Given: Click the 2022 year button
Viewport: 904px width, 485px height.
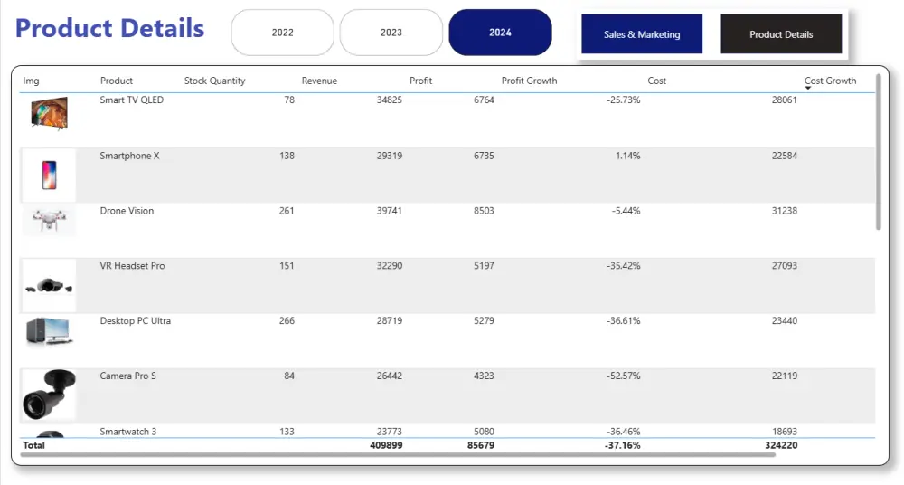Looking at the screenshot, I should click(x=283, y=33).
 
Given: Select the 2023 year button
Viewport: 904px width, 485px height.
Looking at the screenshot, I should click(x=391, y=33).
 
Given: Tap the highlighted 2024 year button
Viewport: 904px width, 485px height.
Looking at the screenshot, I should click(x=500, y=33).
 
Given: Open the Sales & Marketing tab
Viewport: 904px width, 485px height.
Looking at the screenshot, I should click(x=642, y=34).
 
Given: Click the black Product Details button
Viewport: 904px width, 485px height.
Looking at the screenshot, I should click(x=781, y=34).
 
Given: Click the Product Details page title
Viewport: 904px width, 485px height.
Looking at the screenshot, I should click(x=110, y=28).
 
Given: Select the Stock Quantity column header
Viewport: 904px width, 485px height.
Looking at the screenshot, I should click(x=214, y=81).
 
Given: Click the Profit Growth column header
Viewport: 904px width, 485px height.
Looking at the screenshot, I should click(x=529, y=81).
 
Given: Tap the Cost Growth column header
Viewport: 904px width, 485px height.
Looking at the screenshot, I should click(x=830, y=81).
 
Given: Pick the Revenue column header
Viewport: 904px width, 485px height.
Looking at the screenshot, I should click(x=319, y=81).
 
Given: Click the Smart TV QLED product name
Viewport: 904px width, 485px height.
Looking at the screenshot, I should click(x=132, y=100).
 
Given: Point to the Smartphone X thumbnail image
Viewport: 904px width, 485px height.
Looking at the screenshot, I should click(x=49, y=175).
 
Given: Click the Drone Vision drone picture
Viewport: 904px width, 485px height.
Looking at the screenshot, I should click(x=49, y=221).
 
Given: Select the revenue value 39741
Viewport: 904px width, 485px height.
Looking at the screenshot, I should click(x=389, y=211).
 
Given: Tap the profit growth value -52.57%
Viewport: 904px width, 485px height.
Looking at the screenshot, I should click(x=623, y=376).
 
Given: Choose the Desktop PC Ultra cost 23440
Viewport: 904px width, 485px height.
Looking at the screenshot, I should click(x=784, y=321).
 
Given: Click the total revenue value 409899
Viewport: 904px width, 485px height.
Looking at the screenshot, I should click(x=386, y=445).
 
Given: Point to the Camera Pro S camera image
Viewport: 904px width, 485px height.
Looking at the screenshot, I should click(x=49, y=395).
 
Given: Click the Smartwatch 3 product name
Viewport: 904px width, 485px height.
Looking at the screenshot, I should click(x=128, y=432).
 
